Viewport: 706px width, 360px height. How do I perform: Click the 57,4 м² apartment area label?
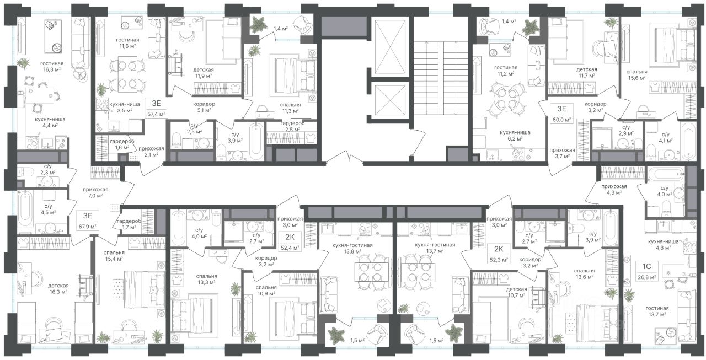(156, 114)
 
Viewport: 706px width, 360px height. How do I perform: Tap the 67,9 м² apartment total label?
(88, 227)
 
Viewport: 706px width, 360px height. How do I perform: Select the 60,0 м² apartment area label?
(562, 120)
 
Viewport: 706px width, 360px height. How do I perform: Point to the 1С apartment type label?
(647, 267)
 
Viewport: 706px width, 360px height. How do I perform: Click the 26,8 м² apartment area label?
(647, 277)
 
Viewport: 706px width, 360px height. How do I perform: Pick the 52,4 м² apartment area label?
(290, 248)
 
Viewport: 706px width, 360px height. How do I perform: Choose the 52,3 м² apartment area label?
(499, 260)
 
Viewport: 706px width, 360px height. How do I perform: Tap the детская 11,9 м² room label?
(204, 73)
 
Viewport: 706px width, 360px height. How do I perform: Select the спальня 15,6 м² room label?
(637, 74)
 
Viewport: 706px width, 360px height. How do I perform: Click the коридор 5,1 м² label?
(204, 107)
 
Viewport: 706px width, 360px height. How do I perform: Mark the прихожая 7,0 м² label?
(95, 192)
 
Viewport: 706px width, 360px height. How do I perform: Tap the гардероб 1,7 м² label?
(129, 224)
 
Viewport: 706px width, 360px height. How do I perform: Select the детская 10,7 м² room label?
(516, 292)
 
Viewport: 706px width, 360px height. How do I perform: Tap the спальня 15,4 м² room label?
(114, 255)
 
